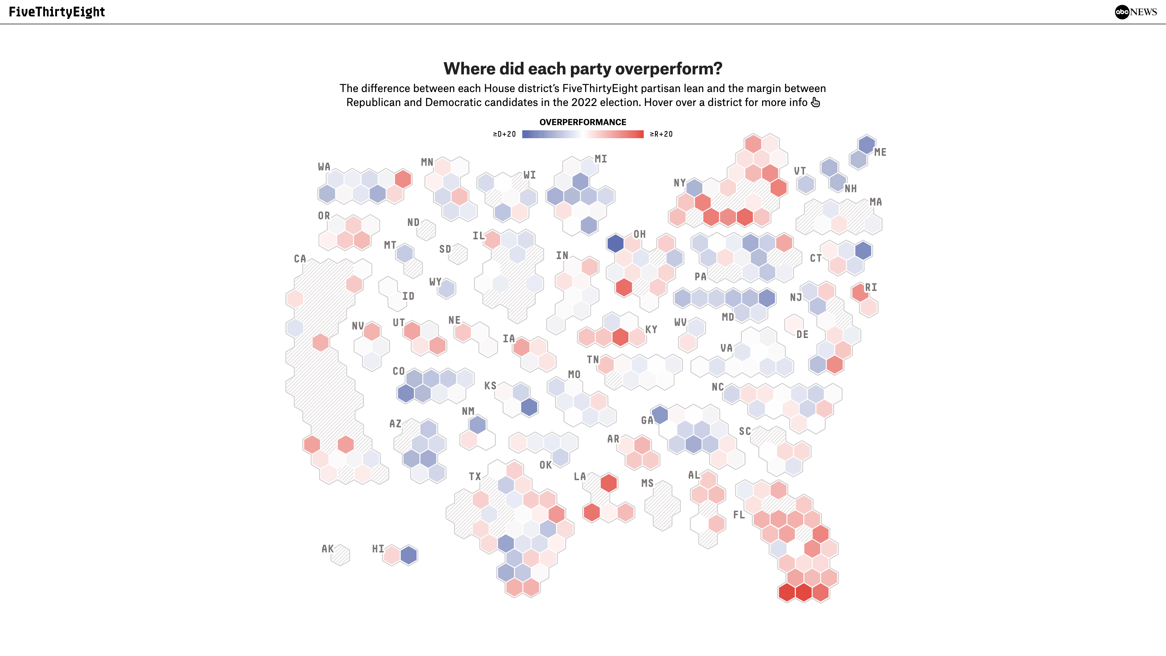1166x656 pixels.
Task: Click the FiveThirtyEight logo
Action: click(x=56, y=12)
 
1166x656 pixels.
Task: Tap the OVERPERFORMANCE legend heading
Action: click(x=583, y=122)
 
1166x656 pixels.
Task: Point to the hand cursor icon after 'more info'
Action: click(x=815, y=103)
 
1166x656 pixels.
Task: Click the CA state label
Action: click(x=300, y=259)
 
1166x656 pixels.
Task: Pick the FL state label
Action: click(x=739, y=515)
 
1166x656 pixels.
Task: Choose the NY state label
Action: click(x=680, y=183)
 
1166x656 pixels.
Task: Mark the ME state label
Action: click(x=880, y=152)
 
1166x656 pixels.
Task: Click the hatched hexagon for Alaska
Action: click(x=340, y=555)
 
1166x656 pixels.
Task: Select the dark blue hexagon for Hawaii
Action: click(x=409, y=555)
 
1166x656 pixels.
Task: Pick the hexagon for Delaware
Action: click(x=793, y=324)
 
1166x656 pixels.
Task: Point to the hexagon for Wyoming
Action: click(x=446, y=289)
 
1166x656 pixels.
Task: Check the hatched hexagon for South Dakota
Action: click(x=458, y=254)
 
